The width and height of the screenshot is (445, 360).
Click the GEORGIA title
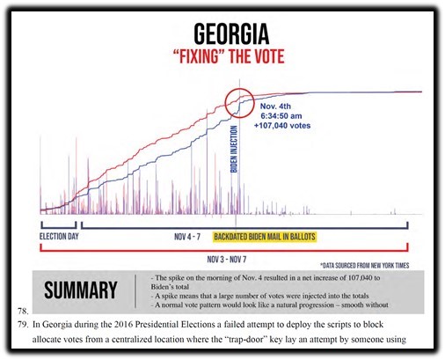(231, 33)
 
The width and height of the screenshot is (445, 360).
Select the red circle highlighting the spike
(239, 103)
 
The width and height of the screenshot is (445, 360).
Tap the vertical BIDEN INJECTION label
(234, 149)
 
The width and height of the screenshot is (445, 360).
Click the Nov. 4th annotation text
(275, 107)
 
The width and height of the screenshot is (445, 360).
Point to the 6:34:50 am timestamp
(281, 116)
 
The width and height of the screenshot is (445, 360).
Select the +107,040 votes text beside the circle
(282, 126)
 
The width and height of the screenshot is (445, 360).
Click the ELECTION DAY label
(59, 237)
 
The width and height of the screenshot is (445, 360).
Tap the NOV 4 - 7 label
(187, 237)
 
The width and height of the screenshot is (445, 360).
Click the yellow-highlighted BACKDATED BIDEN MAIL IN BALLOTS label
(265, 237)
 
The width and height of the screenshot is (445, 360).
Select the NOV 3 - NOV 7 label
(227, 260)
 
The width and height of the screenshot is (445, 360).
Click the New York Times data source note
(364, 266)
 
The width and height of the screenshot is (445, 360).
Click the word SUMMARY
(81, 290)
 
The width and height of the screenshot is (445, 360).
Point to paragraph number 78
(23, 311)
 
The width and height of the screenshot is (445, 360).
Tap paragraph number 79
(23, 325)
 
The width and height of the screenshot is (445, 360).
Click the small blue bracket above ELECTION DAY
(59, 226)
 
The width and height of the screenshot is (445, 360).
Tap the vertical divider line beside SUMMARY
(135, 291)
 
